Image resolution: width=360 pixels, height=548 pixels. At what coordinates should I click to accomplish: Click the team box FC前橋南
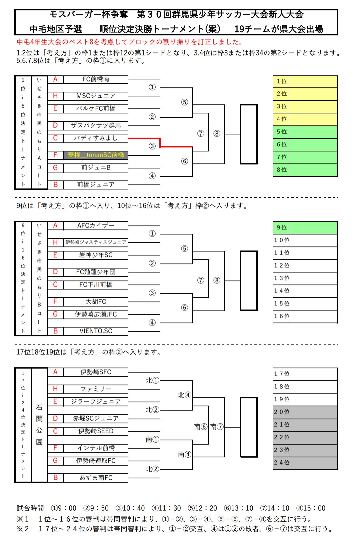96,79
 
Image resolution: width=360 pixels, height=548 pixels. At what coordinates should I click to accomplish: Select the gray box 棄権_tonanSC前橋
96,155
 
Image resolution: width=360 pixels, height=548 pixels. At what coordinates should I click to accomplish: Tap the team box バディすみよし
96,138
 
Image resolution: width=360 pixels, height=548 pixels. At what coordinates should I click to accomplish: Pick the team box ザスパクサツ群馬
96,125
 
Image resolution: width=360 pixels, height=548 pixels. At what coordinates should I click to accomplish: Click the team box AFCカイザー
96,226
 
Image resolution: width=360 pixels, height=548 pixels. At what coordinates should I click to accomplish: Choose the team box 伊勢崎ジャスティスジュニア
96,242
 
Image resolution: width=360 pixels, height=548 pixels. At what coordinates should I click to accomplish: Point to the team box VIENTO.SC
96,331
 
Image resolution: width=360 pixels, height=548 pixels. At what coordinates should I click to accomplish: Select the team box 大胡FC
96,302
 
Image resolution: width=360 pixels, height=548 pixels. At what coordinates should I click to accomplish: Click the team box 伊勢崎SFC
96,372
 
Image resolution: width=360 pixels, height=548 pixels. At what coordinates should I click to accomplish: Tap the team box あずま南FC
96,478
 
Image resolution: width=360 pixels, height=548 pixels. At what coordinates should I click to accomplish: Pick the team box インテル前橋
96,448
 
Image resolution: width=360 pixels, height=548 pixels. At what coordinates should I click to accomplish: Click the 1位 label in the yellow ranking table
281,81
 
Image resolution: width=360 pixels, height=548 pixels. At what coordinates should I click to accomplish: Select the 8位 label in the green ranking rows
281,170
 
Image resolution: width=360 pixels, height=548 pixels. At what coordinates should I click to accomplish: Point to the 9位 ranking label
281,227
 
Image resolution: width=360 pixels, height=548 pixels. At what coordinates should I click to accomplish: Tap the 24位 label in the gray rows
281,463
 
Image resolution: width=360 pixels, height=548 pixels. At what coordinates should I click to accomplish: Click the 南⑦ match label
217,427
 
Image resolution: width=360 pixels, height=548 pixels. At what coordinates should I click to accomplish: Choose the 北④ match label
184,395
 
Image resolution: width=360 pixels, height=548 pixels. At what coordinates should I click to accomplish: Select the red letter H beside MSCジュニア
55,96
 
